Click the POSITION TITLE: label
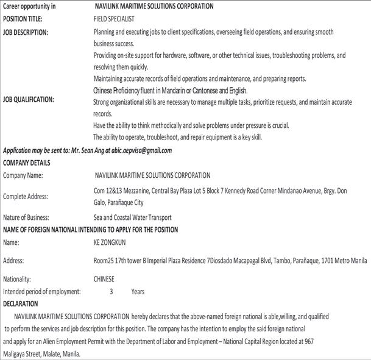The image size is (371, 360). (x=23, y=19)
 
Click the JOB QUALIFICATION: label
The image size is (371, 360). (x=29, y=99)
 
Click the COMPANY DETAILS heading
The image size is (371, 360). (x=27, y=163)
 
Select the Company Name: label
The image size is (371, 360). (x=23, y=175)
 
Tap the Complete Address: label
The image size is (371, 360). (x=26, y=196)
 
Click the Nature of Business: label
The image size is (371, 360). (x=26, y=217)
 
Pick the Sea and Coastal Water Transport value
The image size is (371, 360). (x=132, y=217)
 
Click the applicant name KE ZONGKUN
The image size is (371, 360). (x=110, y=242)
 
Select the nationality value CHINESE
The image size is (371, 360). (x=104, y=279)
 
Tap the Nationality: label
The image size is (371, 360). (x=19, y=279)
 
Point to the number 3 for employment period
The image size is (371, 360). (x=111, y=291)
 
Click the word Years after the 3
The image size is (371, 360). (x=138, y=291)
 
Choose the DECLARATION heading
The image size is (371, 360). (x=21, y=303)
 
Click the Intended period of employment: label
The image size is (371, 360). (x=41, y=291)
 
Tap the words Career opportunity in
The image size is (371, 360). (x=29, y=6)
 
